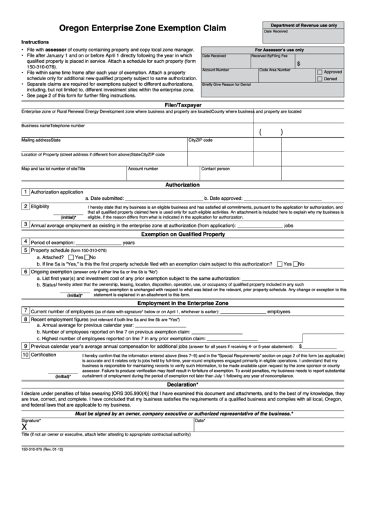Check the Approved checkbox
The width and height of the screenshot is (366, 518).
coord(320,72)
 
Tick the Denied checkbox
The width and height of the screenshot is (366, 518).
coord(320,79)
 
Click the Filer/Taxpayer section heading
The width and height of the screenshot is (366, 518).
coord(182,104)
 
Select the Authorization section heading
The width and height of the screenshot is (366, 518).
coord(182,185)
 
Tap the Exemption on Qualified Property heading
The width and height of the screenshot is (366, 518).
coord(182,234)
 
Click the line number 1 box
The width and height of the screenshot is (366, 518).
coord(26,192)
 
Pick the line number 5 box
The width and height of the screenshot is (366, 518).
coord(26,250)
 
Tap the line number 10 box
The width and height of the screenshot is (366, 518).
coord(26,354)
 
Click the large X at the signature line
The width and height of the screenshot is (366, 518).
coord(25,427)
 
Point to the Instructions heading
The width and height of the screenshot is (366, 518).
coord(35,42)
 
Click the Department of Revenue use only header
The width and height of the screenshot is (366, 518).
coord(303,24)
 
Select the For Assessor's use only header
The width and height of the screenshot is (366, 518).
coord(279,50)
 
